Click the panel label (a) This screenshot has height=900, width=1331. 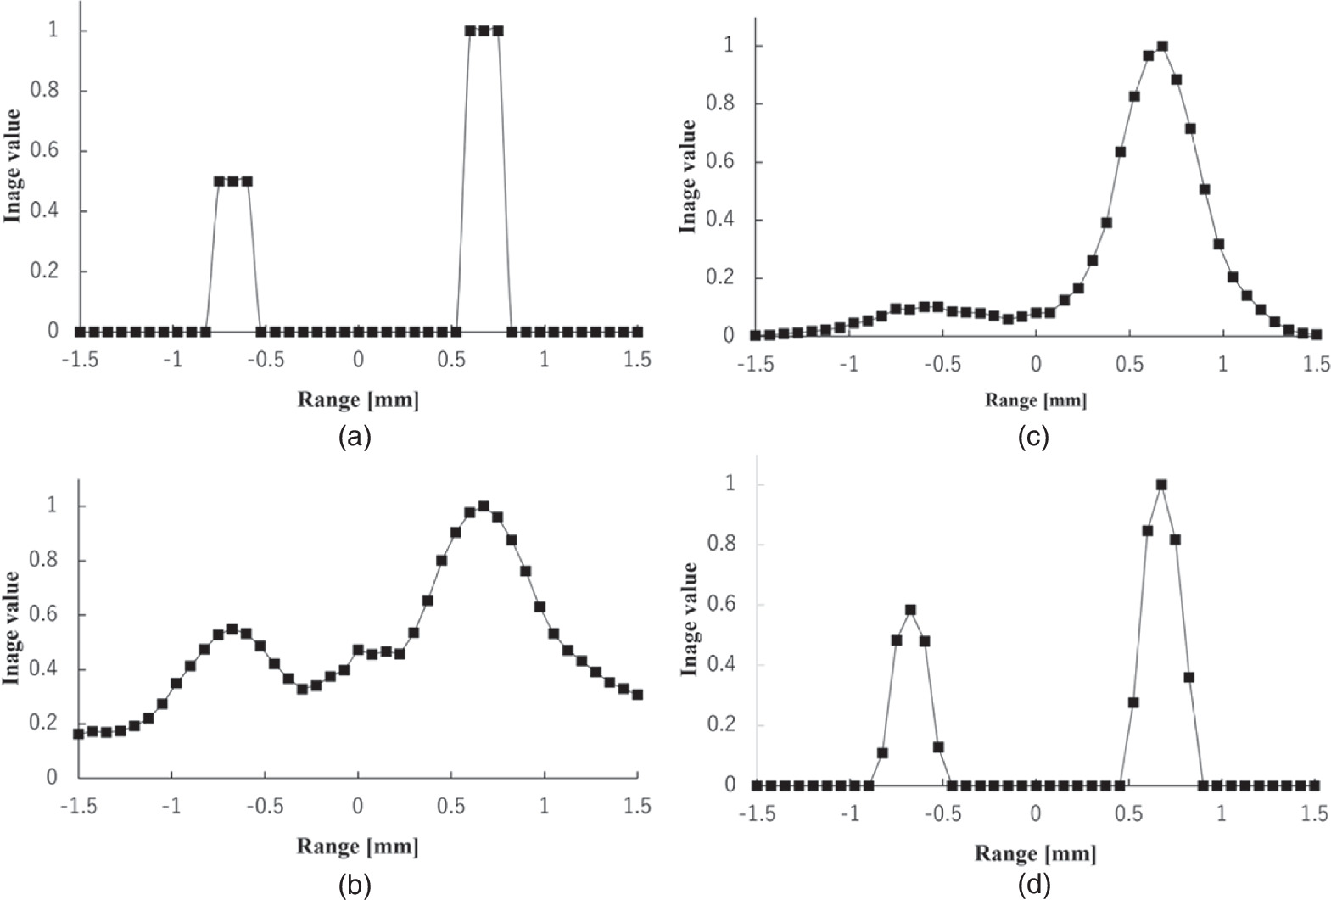[355, 437]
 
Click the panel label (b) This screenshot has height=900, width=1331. [355, 886]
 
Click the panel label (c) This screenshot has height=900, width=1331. [1034, 437]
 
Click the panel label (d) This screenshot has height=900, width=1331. [1034, 886]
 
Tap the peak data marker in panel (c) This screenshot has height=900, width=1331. [1162, 46]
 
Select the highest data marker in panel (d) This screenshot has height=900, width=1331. [1161, 484]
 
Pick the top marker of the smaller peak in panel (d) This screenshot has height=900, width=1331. [910, 609]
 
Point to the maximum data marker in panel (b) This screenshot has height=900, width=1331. [484, 506]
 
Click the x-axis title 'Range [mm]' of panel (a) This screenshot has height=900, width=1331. [358, 399]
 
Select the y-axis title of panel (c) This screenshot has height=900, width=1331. [688, 176]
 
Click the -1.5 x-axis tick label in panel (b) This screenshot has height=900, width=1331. [78, 806]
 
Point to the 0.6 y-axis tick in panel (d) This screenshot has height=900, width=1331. [724, 605]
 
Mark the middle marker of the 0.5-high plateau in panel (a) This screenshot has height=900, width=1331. [232, 181]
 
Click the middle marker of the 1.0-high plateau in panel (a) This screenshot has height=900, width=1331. [484, 31]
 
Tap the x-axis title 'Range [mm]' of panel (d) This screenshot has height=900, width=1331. [1035, 852]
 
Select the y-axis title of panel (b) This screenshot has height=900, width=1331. [11, 628]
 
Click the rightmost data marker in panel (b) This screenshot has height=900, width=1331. [637, 694]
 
